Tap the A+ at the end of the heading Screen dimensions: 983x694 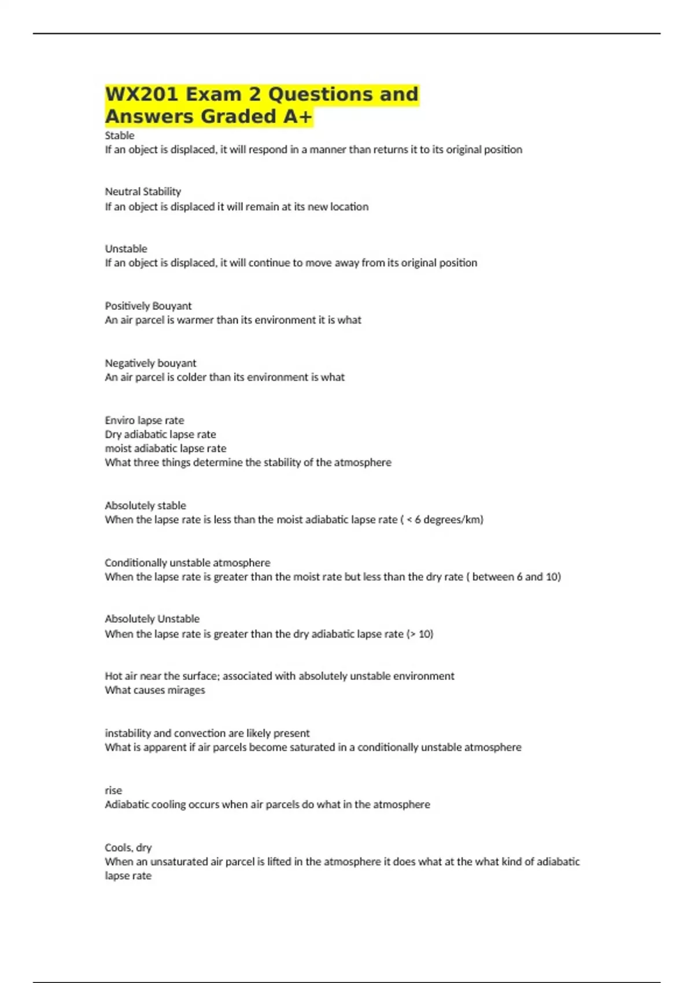point(297,117)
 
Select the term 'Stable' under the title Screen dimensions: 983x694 point(119,135)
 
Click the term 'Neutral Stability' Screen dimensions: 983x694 point(143,191)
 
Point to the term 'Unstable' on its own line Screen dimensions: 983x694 point(126,249)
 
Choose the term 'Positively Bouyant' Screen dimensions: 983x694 point(148,306)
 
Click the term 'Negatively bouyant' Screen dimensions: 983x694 point(150,363)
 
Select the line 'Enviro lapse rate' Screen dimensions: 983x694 point(145,420)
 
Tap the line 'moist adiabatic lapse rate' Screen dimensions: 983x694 point(165,448)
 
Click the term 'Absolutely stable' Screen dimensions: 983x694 point(145,505)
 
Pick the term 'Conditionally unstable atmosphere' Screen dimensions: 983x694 point(187,563)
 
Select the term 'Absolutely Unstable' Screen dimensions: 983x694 point(152,619)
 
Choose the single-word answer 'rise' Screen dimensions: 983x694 point(113,790)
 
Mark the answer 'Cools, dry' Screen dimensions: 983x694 point(128,848)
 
